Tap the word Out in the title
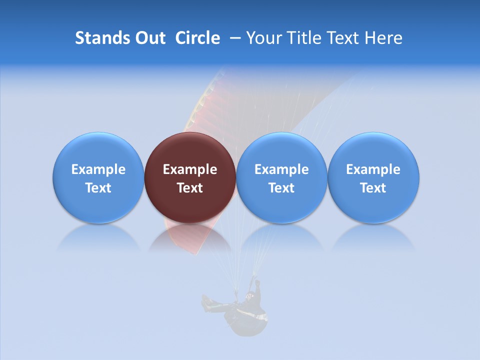click(x=148, y=38)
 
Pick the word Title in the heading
click(x=303, y=38)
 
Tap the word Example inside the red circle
click(x=190, y=169)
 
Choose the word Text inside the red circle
click(x=190, y=188)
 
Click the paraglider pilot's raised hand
click(x=257, y=282)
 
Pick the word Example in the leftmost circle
click(x=98, y=169)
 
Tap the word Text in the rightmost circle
click(x=373, y=188)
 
